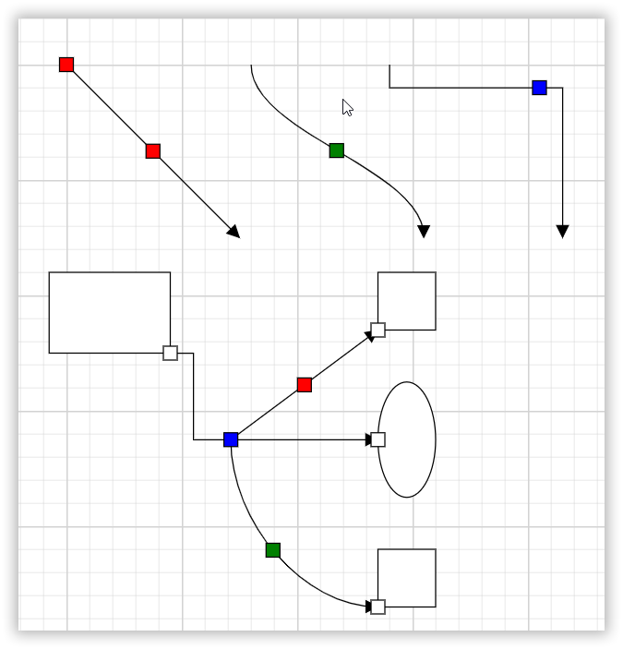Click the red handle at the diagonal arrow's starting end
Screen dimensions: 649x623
coord(66,65)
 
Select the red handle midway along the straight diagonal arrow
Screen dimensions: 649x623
coord(153,151)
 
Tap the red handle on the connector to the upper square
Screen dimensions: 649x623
coord(305,385)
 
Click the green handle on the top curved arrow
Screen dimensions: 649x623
coord(337,150)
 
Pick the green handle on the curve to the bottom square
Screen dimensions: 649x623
coord(273,550)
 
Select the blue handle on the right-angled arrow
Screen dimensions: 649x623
coord(540,88)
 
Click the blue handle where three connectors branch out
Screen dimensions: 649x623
coord(231,439)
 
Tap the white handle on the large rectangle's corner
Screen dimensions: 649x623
coord(171,353)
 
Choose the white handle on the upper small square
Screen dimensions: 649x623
coord(378,330)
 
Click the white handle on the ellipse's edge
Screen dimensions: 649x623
coord(378,439)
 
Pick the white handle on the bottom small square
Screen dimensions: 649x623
coord(378,607)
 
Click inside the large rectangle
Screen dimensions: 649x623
coord(109,312)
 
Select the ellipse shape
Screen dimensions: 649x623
coord(408,439)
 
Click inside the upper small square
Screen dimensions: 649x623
coord(408,299)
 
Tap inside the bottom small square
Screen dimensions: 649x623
coord(408,577)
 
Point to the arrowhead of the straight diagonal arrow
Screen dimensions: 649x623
coord(234,232)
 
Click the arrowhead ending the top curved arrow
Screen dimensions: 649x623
coord(424,232)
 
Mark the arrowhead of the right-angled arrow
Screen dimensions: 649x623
coord(563,232)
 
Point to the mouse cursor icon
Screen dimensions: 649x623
coord(347,107)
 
